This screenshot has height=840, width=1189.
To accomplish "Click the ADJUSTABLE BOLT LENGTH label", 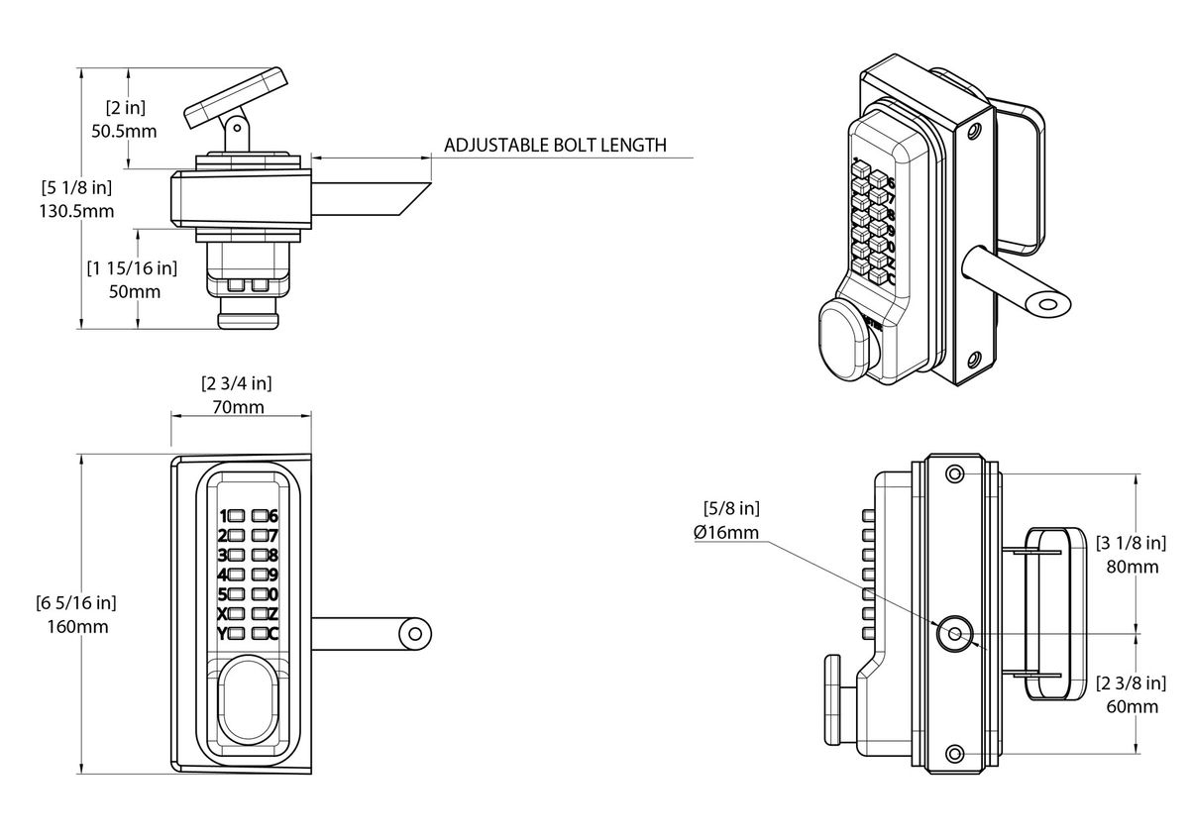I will coord(555,145).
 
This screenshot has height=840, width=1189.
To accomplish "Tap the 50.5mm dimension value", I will coord(131,130).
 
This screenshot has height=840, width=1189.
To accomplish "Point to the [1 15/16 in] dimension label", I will coord(132,268).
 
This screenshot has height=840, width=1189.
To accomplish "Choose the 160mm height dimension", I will coord(76,626).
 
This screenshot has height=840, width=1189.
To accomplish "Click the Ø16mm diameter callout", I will coord(726,533).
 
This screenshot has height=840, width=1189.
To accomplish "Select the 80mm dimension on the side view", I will coord(1130,568).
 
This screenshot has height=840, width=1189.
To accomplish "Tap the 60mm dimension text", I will coord(1130,706).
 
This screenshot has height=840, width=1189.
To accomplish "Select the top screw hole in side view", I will coord(954,474).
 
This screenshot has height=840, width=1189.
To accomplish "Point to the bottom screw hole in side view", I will coord(954,755).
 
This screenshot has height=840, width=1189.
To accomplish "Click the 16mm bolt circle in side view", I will coord(954,634).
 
